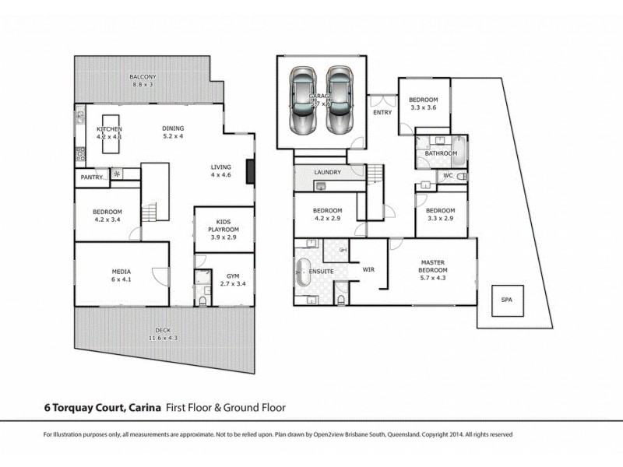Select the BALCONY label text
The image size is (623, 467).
pyautogui.click(x=143, y=76)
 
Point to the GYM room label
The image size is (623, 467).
pyautogui.click(x=232, y=276)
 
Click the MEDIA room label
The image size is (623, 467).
pyautogui.click(x=121, y=272)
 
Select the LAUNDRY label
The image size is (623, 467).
pyautogui.click(x=328, y=173)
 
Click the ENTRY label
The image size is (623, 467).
pyautogui.click(x=382, y=112)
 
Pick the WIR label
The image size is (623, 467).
pyautogui.click(x=369, y=269)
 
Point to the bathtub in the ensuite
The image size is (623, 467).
pyautogui.click(x=303, y=272)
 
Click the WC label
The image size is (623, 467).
pyautogui.click(x=447, y=176)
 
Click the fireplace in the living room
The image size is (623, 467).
pyautogui.click(x=249, y=171)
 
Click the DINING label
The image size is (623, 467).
pyautogui.click(x=172, y=128)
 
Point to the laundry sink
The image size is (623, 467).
pyautogui.click(x=319, y=185)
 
